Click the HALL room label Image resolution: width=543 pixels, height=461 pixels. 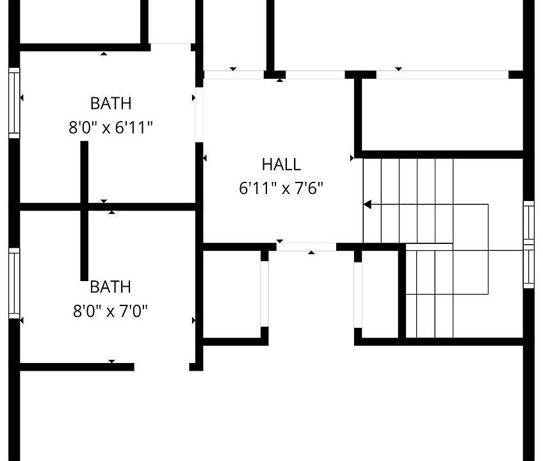[x=281, y=165]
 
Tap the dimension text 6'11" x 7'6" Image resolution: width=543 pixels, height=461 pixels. [x=281, y=188]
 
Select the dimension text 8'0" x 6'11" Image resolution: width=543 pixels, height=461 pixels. [x=111, y=127]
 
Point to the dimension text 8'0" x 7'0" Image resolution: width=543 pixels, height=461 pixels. [x=111, y=311]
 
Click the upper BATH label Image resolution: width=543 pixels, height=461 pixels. [x=111, y=103]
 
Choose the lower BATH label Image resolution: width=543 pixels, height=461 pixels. [x=111, y=287]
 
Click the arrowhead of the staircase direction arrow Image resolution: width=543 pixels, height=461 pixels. [x=368, y=205]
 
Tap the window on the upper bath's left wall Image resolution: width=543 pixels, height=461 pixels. [x=14, y=103]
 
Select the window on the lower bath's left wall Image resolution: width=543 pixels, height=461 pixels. [x=14, y=283]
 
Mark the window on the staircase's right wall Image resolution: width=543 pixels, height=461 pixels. [x=529, y=244]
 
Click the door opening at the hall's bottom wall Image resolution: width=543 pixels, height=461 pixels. [x=306, y=247]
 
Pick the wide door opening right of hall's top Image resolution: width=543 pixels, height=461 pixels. [x=442, y=74]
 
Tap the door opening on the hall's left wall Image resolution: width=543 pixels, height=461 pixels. [x=199, y=115]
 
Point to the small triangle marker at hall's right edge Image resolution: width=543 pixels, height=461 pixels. [x=352, y=158]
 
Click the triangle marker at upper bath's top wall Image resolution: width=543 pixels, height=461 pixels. [x=104, y=54]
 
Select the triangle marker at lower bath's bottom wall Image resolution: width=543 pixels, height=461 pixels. [x=111, y=362]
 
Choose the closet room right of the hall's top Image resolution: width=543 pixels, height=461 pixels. [x=442, y=114]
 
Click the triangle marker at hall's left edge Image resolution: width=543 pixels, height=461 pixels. [x=204, y=158]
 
